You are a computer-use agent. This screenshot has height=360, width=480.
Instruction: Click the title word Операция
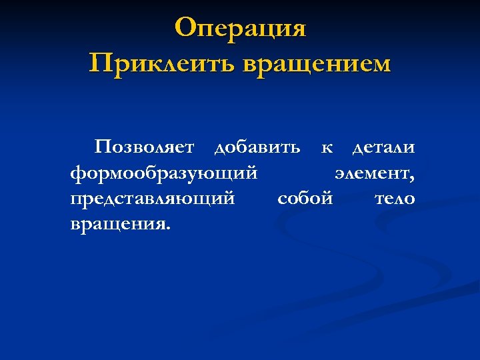tap(240, 29)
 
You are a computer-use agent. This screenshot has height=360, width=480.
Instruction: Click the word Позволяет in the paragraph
tap(145, 147)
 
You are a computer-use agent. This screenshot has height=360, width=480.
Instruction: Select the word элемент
tap(373, 173)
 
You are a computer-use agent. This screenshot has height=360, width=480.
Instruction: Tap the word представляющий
tap(152, 199)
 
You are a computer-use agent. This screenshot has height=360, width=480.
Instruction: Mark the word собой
tap(305, 198)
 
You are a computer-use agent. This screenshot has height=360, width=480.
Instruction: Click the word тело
tap(395, 198)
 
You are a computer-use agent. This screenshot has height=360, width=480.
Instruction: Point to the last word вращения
tap(119, 224)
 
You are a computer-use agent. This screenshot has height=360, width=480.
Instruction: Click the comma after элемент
tap(413, 177)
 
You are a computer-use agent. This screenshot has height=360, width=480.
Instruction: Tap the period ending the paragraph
tap(168, 227)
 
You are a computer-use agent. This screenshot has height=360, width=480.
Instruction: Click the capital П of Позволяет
tap(103, 147)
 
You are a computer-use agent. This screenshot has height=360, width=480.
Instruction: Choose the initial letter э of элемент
tap(339, 174)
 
